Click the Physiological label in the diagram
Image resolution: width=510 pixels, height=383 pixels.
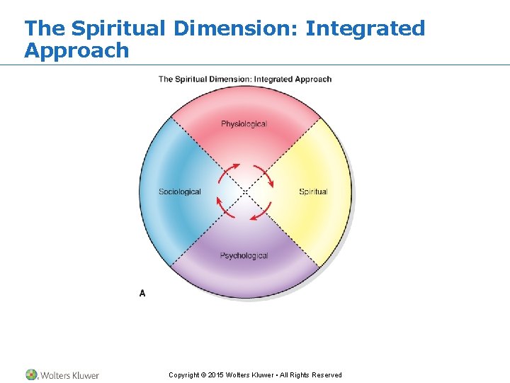coord(244,124)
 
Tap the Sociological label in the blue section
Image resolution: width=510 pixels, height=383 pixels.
coord(180,191)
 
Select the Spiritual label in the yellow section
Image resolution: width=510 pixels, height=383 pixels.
coord(313,191)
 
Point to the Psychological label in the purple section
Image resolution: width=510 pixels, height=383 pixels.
coord(244,255)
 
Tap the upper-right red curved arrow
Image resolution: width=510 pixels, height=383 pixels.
coord(263,174)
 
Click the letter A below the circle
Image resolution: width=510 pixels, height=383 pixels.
coord(142,293)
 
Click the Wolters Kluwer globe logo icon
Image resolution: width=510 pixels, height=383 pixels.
coord(32,374)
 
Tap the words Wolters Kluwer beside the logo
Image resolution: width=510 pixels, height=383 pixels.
coord(70,375)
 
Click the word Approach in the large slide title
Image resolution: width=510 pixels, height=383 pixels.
coord(76,50)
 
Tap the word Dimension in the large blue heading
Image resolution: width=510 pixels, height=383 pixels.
coord(236,28)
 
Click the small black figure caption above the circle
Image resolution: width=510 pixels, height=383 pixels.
coord(244,79)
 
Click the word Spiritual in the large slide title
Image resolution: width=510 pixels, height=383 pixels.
coord(120,28)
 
